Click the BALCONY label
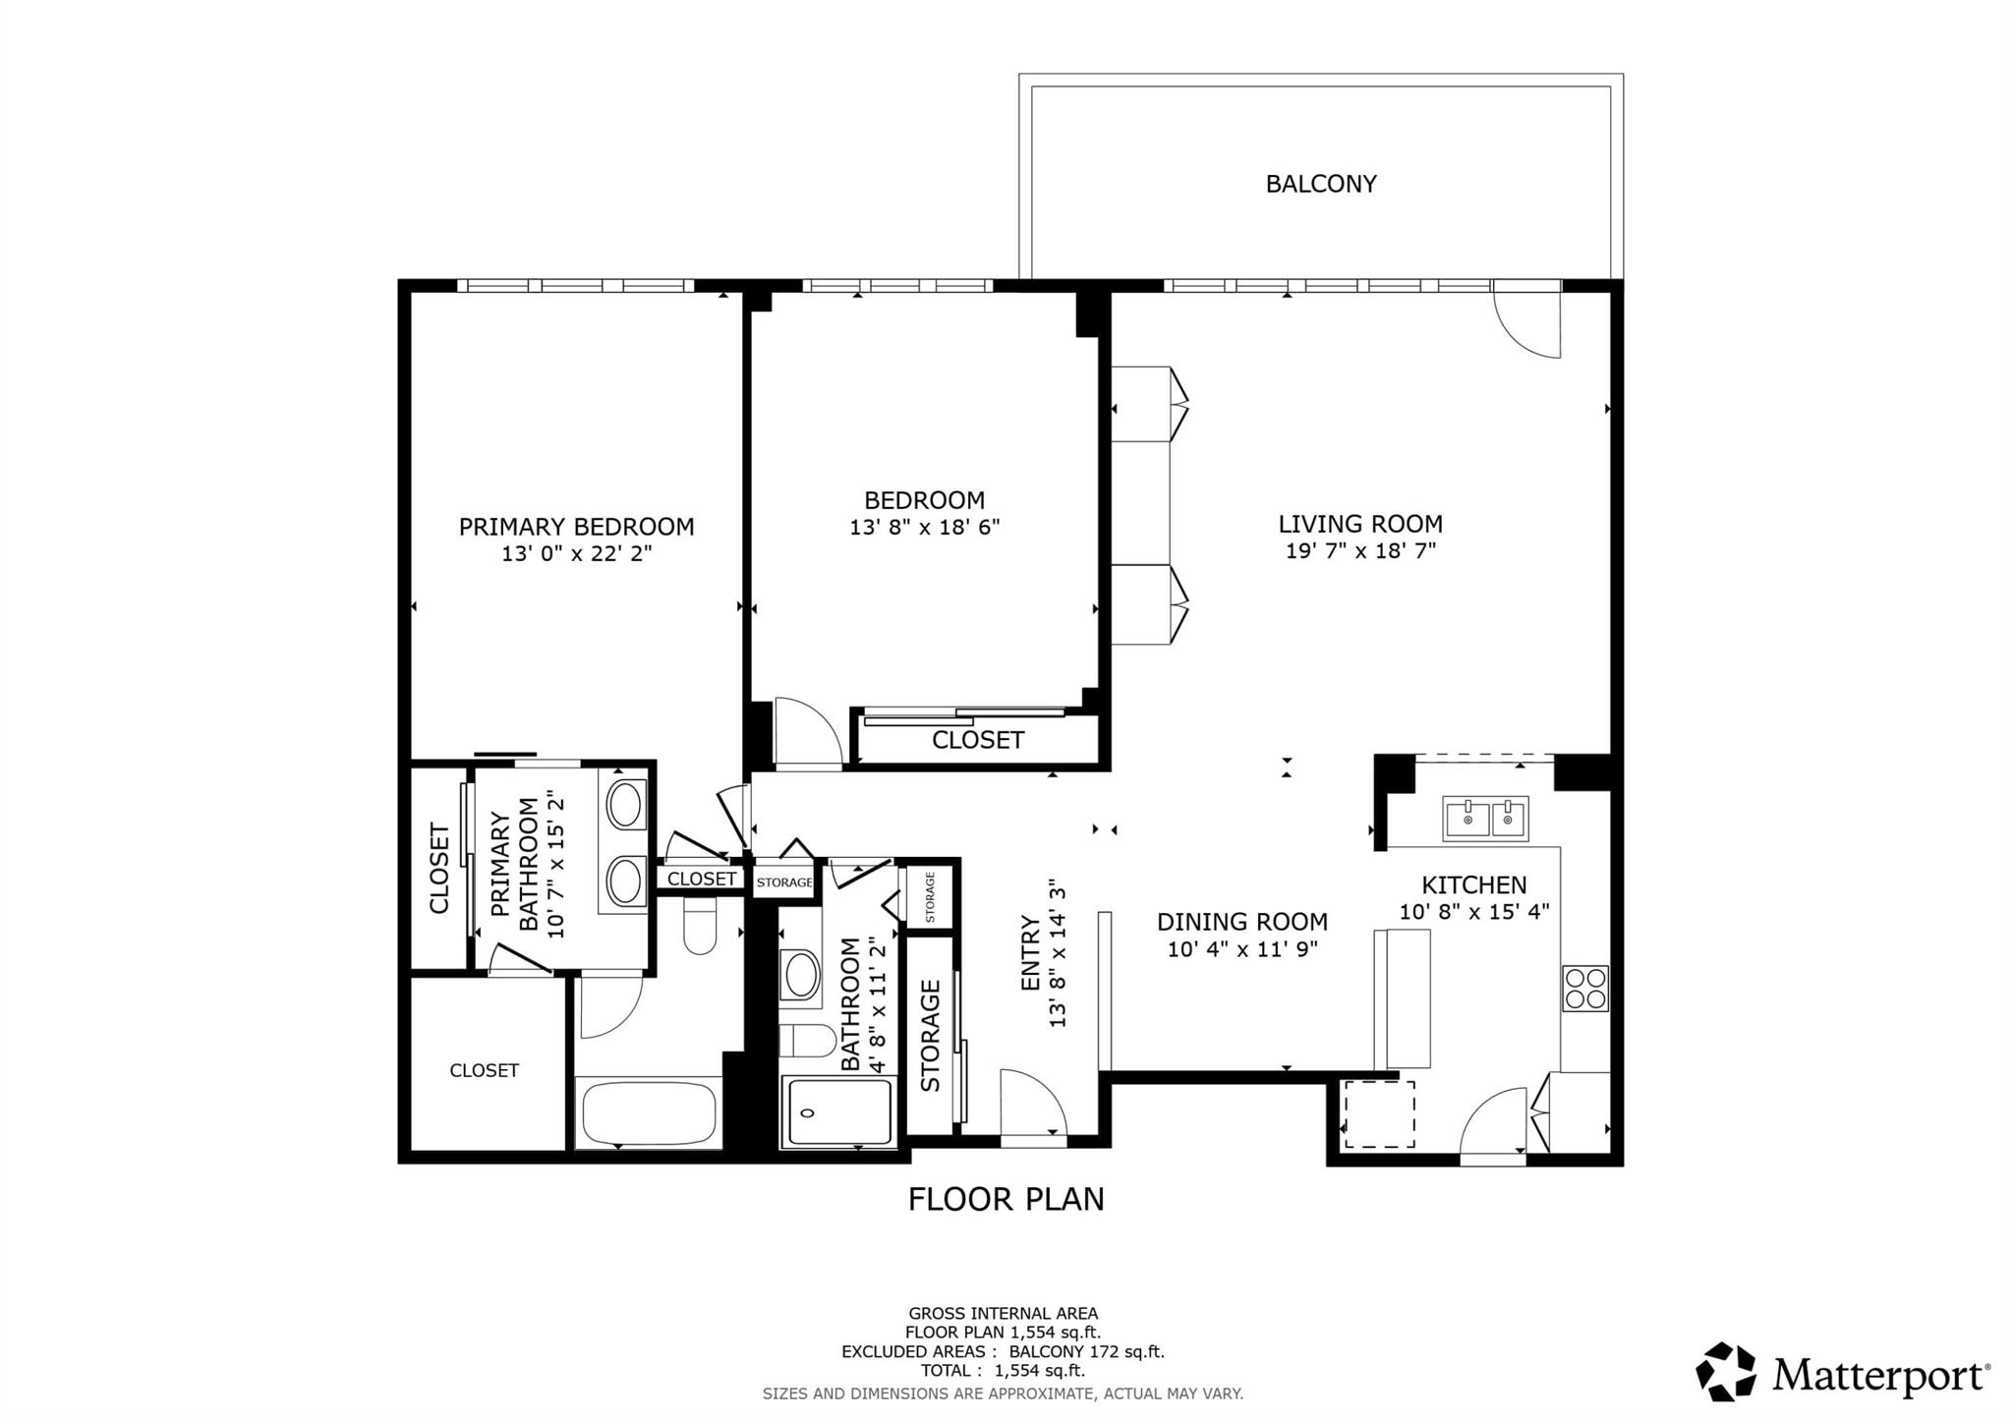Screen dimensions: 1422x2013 (1320, 184)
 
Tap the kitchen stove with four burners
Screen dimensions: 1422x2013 (1584, 988)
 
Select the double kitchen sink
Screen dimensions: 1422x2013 (1485, 818)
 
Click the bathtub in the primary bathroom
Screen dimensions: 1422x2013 (650, 1112)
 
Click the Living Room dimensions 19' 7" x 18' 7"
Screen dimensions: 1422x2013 (1360, 551)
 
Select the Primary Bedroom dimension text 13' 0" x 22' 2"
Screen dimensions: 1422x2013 (577, 554)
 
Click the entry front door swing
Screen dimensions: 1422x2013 (1032, 1105)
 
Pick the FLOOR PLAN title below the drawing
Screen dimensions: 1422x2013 (1006, 1199)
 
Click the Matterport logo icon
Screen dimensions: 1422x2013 (1725, 1370)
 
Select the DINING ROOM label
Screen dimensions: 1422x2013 (1241, 922)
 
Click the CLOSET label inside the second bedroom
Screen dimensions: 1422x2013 (978, 740)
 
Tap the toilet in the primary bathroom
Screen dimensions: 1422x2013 (700, 930)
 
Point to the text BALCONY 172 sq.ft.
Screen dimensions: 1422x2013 (1086, 1351)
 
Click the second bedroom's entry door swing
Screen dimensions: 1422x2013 (806, 732)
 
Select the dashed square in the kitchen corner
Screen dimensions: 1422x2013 (1380, 1113)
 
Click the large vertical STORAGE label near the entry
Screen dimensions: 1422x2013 (930, 1035)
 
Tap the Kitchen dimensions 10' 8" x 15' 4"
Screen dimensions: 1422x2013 (1473, 912)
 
